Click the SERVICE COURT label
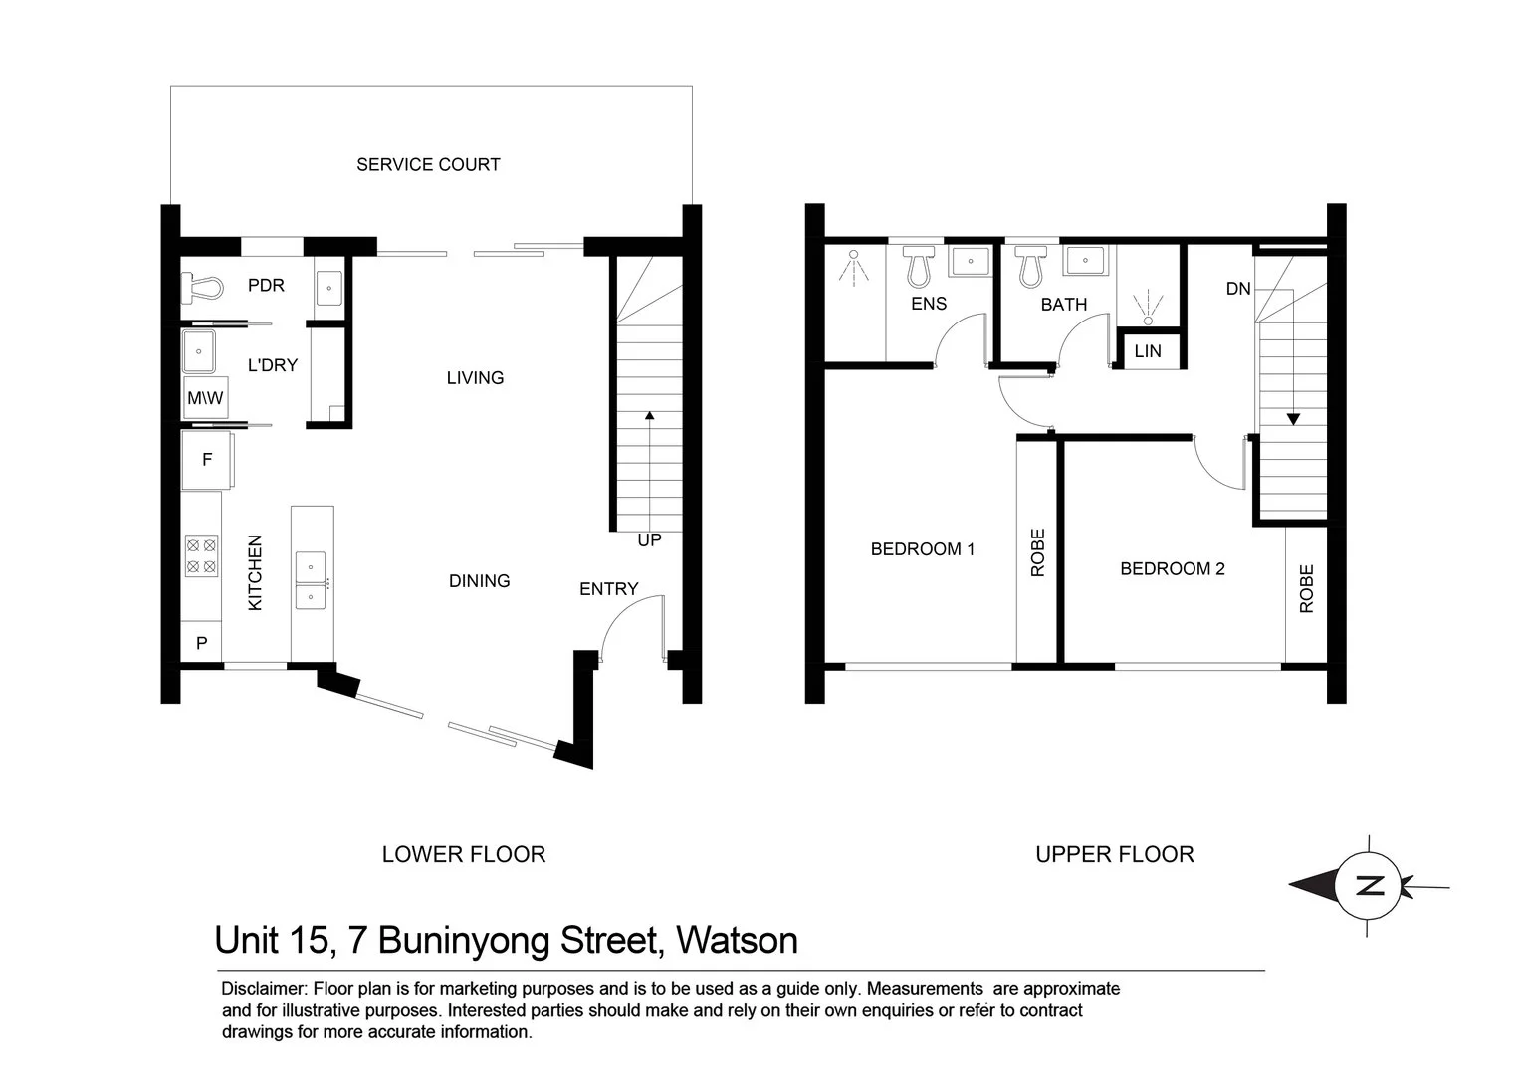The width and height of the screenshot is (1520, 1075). pyautogui.click(x=428, y=164)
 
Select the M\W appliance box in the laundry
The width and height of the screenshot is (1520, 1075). pyautogui.click(x=205, y=398)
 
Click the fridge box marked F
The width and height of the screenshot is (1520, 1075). pyautogui.click(x=207, y=460)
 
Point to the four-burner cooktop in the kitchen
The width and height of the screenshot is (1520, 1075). pyautogui.click(x=201, y=556)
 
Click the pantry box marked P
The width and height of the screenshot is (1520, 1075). pyautogui.click(x=201, y=643)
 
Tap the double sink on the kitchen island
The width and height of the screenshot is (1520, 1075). pyautogui.click(x=311, y=580)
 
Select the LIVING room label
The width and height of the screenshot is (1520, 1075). pyautogui.click(x=475, y=378)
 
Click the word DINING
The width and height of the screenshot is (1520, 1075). pyautogui.click(x=479, y=581)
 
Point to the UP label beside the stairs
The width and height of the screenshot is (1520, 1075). pyautogui.click(x=649, y=540)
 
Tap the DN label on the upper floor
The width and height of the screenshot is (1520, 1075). pyautogui.click(x=1237, y=289)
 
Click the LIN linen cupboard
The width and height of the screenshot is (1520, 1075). pyautogui.click(x=1148, y=351)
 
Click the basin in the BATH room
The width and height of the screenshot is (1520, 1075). pyautogui.click(x=1081, y=261)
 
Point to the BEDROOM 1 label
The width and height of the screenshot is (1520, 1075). pyautogui.click(x=923, y=549)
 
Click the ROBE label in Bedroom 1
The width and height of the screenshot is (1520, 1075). pyautogui.click(x=1038, y=552)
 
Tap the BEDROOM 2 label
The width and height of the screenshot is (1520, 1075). pyautogui.click(x=1172, y=569)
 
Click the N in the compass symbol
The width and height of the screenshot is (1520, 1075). pyautogui.click(x=1371, y=885)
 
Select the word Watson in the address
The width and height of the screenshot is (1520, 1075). pyautogui.click(x=737, y=941)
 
